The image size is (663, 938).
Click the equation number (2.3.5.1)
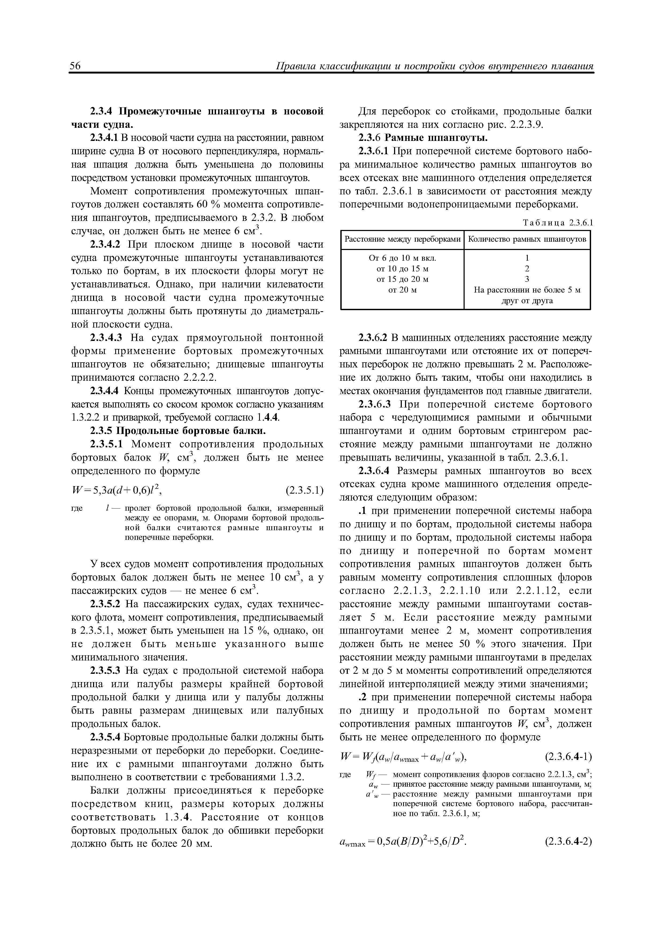pos(304,489)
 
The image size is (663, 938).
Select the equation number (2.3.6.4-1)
pos(568,757)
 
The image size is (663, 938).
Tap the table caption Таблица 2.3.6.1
pos(558,223)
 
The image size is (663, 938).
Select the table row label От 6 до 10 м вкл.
pos(402,258)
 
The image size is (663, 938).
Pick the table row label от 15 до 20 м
pos(402,279)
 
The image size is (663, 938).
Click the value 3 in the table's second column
pos(527,279)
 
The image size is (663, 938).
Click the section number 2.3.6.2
pos(373,338)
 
